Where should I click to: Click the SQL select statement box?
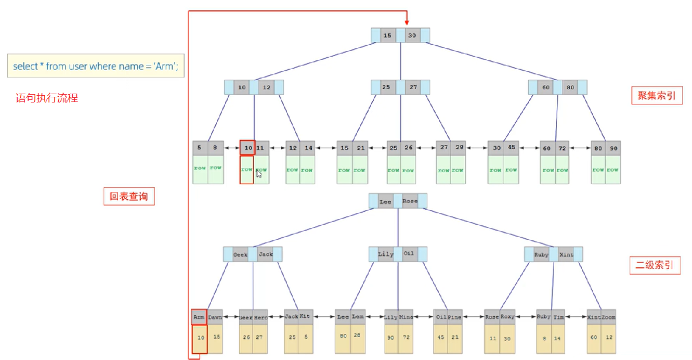click(96, 67)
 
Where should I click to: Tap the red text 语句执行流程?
click(47, 98)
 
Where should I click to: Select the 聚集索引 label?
click(657, 96)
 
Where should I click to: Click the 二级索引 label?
click(655, 265)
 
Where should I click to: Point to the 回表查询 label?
click(129, 197)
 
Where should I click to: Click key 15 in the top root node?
click(387, 36)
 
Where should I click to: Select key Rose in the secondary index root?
click(410, 201)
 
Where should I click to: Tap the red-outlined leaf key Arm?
click(199, 317)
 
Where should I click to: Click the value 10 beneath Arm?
click(200, 337)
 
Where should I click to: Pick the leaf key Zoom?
click(608, 317)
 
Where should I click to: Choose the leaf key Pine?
click(454, 317)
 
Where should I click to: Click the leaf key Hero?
click(261, 317)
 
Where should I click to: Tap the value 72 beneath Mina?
click(406, 337)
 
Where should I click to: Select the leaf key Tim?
click(559, 317)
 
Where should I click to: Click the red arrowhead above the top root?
click(407, 22)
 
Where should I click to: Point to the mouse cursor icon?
click(259, 174)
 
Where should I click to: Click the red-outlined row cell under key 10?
click(246, 170)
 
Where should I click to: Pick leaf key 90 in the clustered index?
click(613, 148)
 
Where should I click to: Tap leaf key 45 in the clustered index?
click(512, 148)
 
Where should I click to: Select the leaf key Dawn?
click(215, 317)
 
